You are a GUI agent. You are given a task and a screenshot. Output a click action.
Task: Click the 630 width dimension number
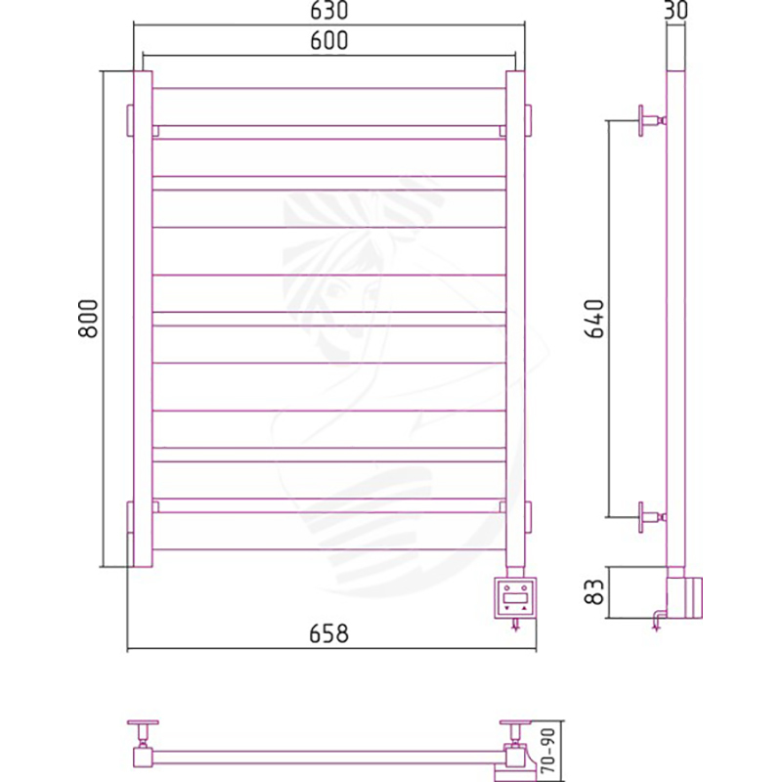[x=328, y=11]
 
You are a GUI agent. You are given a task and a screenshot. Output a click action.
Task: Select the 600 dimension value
[x=328, y=41]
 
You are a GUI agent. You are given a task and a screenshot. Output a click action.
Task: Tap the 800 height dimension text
[x=89, y=319]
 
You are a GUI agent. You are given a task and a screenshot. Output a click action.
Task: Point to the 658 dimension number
[x=328, y=633]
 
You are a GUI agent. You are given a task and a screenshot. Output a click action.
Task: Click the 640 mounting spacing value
[x=594, y=319]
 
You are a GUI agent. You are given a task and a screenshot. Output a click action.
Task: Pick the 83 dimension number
[x=594, y=592]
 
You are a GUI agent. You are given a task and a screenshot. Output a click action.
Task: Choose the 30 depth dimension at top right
[x=676, y=10]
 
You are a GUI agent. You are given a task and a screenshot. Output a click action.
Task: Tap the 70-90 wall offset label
[x=547, y=750]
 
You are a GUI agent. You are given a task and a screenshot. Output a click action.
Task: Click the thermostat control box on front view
[x=516, y=597]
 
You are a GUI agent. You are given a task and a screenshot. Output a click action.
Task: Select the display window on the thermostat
[x=516, y=597]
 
